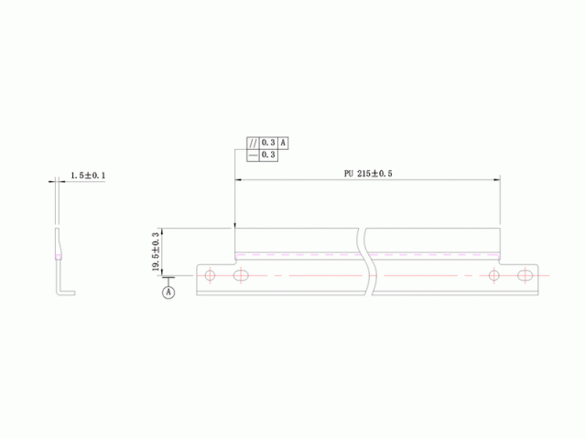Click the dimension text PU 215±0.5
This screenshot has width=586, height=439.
point(368,174)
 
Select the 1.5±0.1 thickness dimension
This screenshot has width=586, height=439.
point(88,176)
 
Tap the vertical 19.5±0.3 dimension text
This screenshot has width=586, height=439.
point(156,252)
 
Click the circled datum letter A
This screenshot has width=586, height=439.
point(168,292)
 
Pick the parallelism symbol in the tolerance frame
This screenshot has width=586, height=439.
point(253,143)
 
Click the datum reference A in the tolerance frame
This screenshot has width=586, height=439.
point(283,143)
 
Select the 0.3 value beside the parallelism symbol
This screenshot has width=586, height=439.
point(268,143)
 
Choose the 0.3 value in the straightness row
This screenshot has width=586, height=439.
point(268,155)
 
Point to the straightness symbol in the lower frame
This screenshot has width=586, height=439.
point(253,155)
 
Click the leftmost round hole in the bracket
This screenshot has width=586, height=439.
point(210,275)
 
